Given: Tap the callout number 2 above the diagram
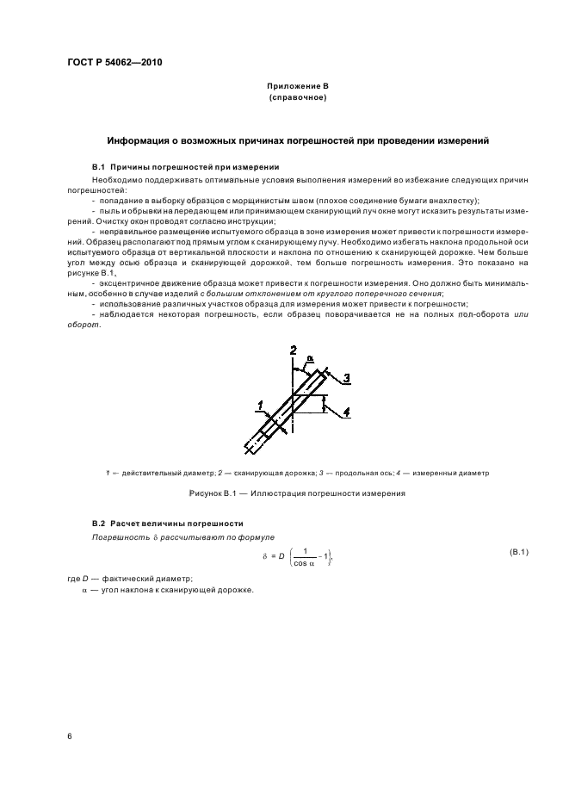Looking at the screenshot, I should click(293, 350).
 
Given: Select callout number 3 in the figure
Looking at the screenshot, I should click(344, 377).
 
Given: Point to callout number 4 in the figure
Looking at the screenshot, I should click(346, 412).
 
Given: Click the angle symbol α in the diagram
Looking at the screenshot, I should click(311, 362).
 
